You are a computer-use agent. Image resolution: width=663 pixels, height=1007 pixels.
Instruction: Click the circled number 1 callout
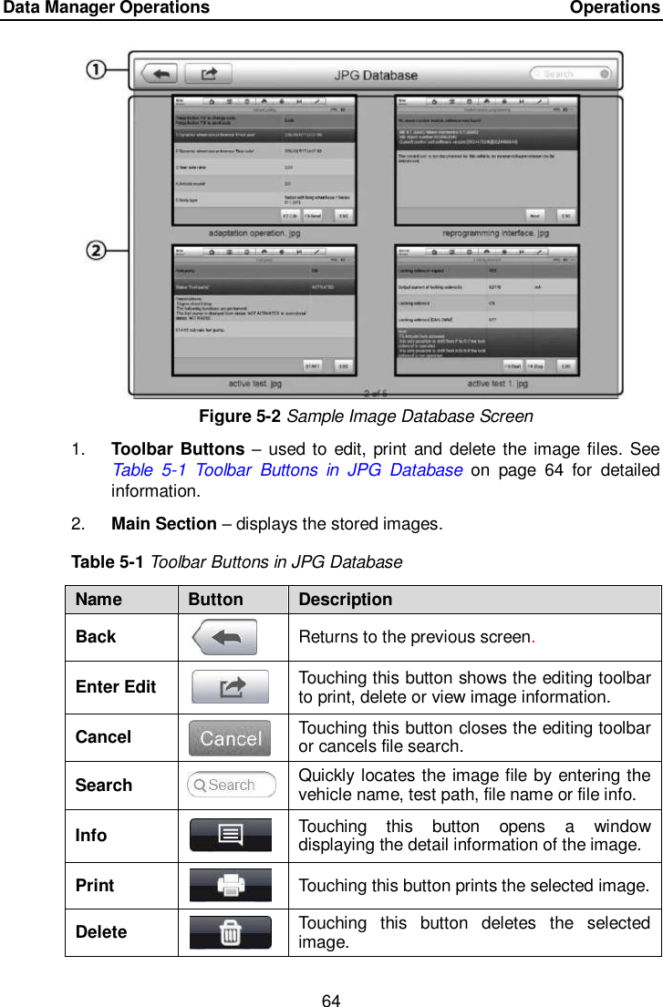[98, 70]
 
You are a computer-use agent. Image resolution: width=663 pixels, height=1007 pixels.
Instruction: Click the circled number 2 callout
[98, 247]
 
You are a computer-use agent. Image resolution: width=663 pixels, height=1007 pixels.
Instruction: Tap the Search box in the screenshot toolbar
[571, 74]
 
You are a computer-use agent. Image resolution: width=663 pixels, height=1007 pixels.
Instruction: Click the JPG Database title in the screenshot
[376, 75]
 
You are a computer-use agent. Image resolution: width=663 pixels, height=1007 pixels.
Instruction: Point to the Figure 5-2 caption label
[240, 416]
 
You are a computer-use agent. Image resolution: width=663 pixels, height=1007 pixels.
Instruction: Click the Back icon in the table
[224, 637]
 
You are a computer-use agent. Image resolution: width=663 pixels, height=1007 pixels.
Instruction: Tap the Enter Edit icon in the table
[230, 686]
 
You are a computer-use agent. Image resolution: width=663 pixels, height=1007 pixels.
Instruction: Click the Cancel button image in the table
[230, 737]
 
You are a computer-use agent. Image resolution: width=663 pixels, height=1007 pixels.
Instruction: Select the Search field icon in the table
[232, 785]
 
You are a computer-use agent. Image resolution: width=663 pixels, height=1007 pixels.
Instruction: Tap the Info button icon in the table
[230, 835]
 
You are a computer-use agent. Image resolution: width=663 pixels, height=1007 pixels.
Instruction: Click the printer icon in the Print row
[230, 885]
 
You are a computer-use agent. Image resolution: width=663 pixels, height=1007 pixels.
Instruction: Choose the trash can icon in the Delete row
[230, 932]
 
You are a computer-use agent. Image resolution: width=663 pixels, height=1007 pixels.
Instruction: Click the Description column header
[346, 600]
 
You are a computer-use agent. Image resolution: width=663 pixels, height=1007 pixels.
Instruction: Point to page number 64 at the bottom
[331, 1002]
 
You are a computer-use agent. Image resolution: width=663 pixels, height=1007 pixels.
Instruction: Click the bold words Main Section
[163, 524]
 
